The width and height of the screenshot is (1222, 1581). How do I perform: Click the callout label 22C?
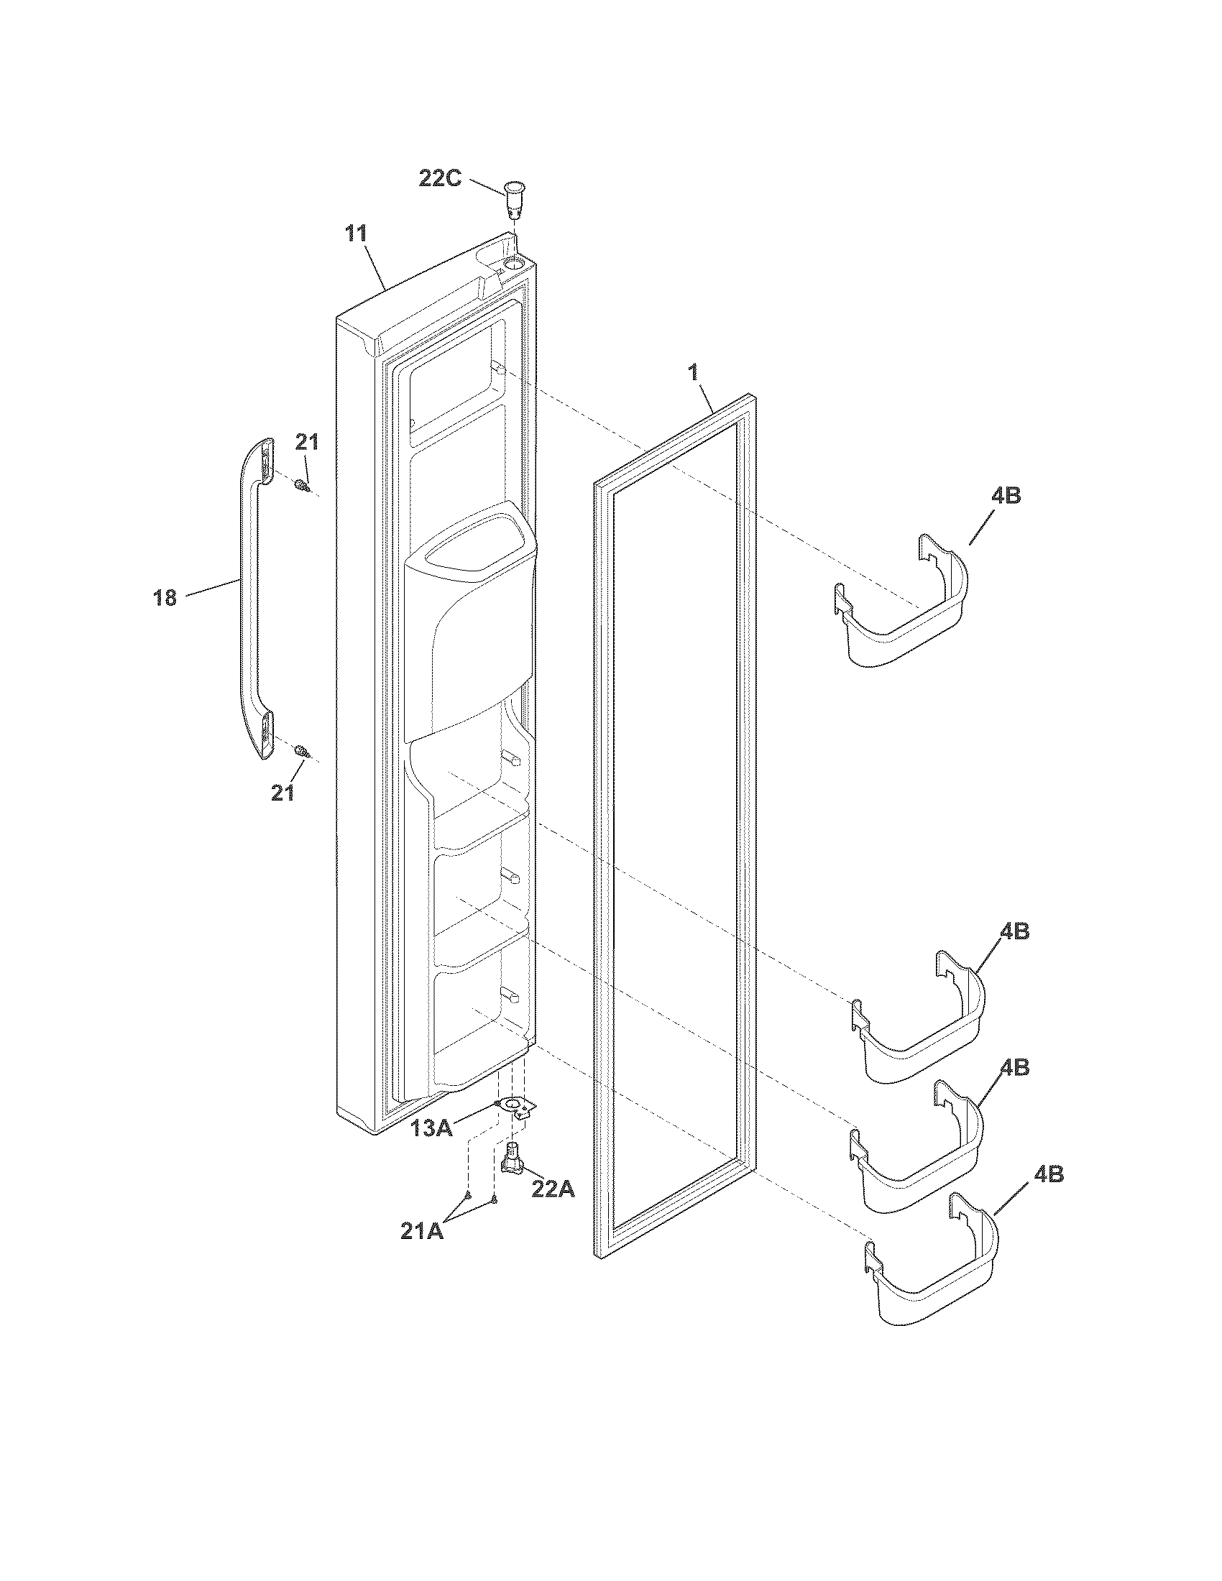(x=439, y=178)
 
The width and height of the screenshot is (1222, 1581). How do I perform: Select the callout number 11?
(x=355, y=234)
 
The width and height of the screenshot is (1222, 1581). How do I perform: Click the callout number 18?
(x=165, y=597)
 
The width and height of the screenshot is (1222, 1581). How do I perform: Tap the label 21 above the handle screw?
(x=306, y=441)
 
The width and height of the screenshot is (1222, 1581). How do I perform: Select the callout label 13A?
(x=431, y=1128)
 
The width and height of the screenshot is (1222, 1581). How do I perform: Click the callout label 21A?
(x=422, y=1231)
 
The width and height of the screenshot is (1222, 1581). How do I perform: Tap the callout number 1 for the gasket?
(x=693, y=373)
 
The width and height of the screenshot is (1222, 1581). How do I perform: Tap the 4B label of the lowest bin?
(x=1048, y=1175)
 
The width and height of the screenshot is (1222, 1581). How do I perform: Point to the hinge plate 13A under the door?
(x=515, y=1106)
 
